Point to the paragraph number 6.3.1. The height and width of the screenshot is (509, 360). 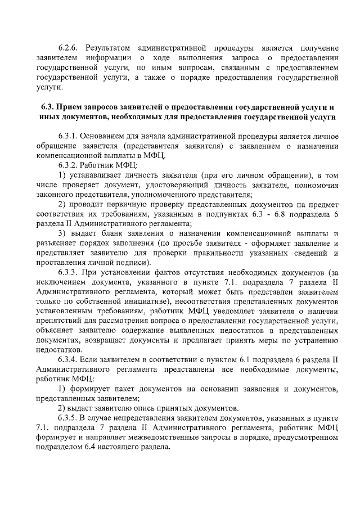[x=70, y=137]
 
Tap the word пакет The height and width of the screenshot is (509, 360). [x=120, y=390]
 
